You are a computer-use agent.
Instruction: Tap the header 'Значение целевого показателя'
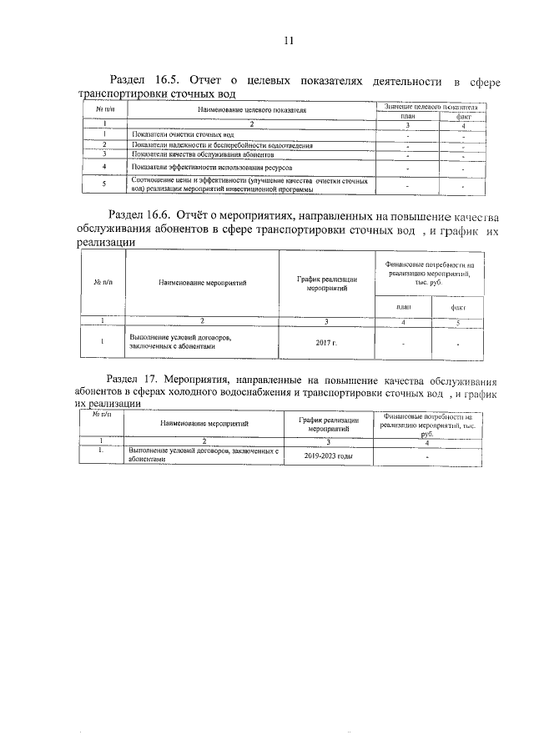pos(432,107)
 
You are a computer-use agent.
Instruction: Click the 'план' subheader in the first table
pos(407,117)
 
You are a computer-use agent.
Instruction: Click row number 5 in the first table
pos(103,184)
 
